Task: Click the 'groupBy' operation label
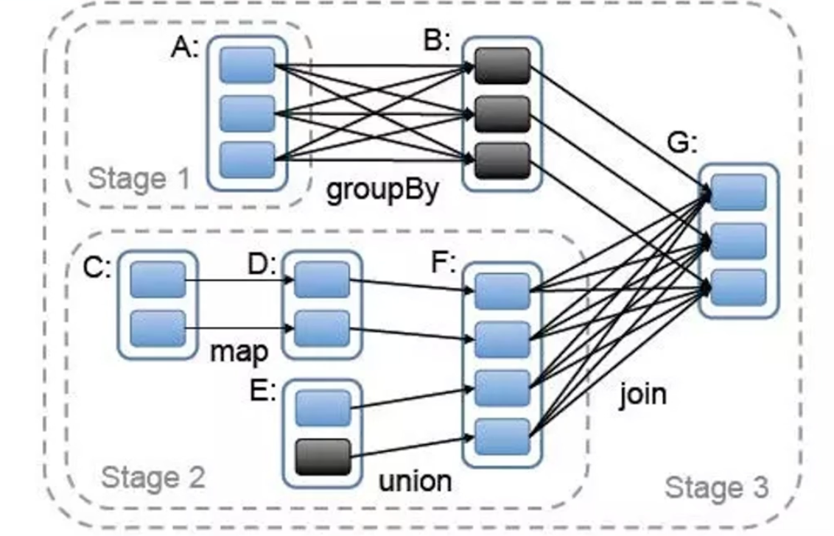click(382, 190)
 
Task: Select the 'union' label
click(415, 481)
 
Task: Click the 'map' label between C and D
click(239, 351)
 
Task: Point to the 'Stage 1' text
click(139, 178)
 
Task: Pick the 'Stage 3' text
click(716, 487)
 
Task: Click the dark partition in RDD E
click(323, 456)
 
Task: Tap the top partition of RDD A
click(247, 65)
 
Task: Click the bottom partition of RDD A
click(247, 160)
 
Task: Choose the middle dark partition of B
click(502, 113)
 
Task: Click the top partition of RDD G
click(739, 193)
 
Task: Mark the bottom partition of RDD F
click(502, 437)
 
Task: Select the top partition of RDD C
click(158, 280)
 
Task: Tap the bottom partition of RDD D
click(322, 328)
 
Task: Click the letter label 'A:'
click(185, 48)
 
